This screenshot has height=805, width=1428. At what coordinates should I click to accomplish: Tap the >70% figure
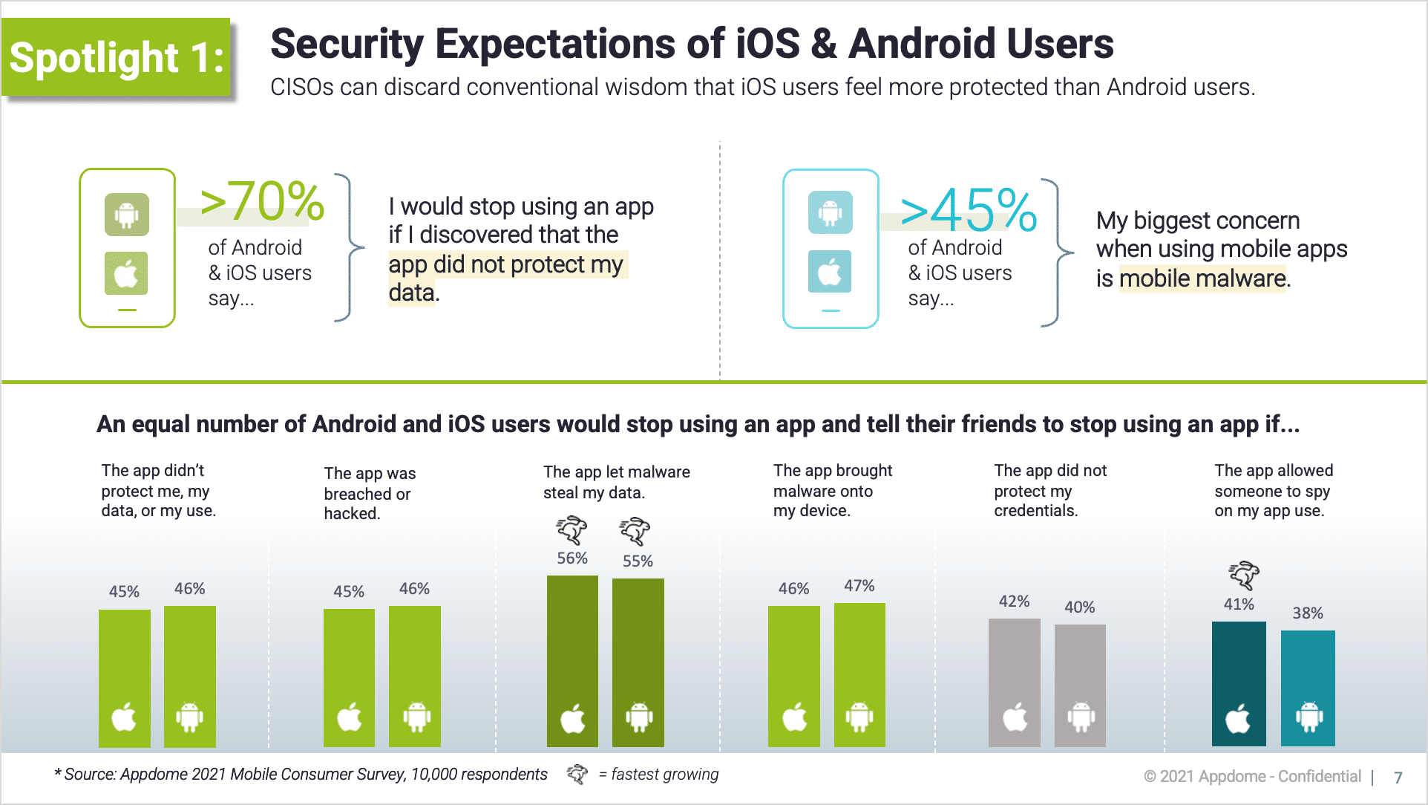click(261, 201)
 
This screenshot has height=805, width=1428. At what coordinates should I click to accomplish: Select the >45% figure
click(968, 210)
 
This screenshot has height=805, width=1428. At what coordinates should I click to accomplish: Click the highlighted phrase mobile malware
click(1202, 278)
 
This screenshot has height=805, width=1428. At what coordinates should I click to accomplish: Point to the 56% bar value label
click(572, 558)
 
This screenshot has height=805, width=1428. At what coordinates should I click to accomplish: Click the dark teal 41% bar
click(1239, 683)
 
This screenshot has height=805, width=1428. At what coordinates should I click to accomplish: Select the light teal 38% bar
click(1308, 688)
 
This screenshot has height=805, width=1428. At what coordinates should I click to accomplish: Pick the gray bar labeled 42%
click(1014, 682)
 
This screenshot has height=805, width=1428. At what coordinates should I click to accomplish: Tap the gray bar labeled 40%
click(1080, 685)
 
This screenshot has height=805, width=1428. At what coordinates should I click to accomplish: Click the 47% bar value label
click(859, 586)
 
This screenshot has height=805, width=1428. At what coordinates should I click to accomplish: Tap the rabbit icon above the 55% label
click(635, 532)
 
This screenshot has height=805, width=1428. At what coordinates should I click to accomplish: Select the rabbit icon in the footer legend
click(577, 775)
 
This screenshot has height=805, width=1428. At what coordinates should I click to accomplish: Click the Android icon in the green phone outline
click(127, 215)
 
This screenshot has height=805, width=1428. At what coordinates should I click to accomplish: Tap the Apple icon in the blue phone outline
click(830, 272)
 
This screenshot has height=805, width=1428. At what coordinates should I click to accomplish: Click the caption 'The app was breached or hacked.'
click(369, 493)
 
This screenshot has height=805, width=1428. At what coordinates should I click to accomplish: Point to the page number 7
click(1398, 778)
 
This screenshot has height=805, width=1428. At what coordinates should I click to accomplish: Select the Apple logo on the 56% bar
click(572, 718)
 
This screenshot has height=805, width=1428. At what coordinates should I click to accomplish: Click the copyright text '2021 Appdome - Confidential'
click(1260, 777)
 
